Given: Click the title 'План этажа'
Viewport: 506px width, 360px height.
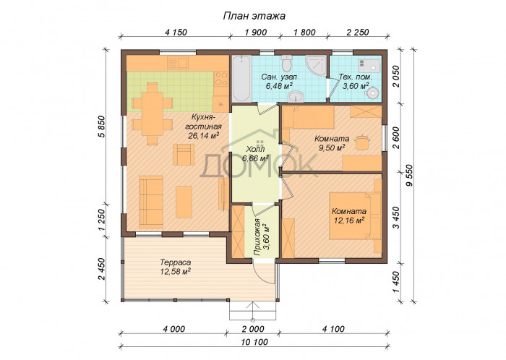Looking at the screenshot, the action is coord(254,16).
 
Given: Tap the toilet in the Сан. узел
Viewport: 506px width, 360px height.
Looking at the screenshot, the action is coord(286,63).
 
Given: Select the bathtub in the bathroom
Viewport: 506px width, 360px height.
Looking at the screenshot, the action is coord(241,78).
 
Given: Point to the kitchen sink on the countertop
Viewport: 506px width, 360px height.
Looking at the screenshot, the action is coord(178,62).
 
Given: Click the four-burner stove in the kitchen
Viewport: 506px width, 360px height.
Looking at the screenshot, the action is coord(221,79).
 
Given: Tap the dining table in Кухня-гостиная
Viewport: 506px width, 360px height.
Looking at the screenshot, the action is coord(152,113).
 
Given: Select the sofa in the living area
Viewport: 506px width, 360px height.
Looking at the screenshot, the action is coord(150,202).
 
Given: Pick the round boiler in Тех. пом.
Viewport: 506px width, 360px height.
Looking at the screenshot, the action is coord(374,93).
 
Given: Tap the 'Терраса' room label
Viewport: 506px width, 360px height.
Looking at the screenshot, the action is coord(176,262).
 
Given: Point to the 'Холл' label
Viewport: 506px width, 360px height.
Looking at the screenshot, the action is coord(255,150).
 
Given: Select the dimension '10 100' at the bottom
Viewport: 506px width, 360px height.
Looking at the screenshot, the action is coord(254,342).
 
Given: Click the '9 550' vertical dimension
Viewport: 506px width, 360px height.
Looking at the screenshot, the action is coord(409,176).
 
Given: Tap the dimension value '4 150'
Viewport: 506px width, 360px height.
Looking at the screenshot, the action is coord(176,33).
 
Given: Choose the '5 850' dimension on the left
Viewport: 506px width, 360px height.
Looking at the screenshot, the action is coord(102,127).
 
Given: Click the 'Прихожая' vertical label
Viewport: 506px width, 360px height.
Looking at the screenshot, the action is coord(257,237).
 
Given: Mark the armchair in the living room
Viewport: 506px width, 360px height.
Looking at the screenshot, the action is coord(184,155).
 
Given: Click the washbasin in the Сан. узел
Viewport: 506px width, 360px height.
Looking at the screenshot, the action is coord(296,96).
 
